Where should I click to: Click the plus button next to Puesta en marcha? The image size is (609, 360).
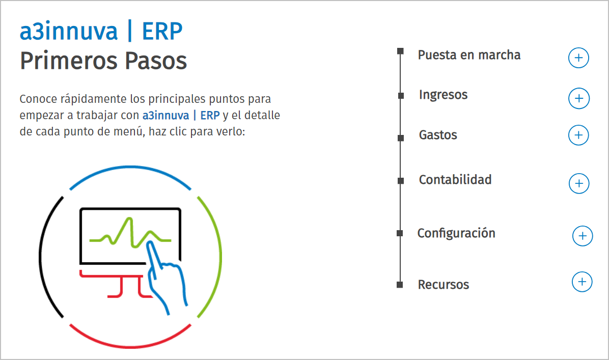[x=578, y=58]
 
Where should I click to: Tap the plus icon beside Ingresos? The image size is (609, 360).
[x=578, y=98]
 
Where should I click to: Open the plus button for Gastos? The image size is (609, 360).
[x=578, y=135]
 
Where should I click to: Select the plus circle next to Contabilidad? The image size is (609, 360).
[x=578, y=183]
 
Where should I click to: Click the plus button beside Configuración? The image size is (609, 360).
[x=583, y=236]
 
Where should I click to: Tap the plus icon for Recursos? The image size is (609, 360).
[x=582, y=282]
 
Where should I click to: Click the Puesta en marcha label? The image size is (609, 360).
[x=469, y=55]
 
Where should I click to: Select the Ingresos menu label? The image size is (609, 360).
[x=443, y=95]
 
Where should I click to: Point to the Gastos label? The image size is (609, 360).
[x=438, y=135]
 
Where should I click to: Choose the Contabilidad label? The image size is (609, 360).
[x=455, y=180]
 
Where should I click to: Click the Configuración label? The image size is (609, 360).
[x=456, y=233]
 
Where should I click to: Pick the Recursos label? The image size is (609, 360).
[x=444, y=285]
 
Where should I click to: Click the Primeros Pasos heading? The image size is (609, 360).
[x=103, y=61]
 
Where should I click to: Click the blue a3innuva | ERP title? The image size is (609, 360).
[x=101, y=32]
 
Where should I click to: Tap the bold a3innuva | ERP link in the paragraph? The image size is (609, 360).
[x=181, y=115]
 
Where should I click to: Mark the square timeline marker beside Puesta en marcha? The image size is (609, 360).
[x=400, y=51]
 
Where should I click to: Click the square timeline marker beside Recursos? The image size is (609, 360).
[x=400, y=285]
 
